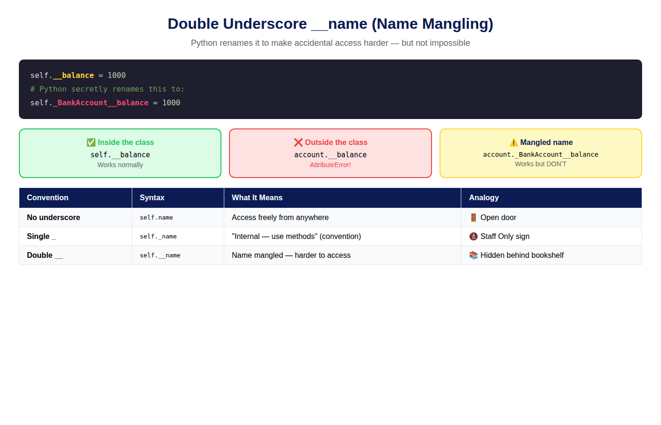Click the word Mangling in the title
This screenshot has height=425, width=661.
click(457, 24)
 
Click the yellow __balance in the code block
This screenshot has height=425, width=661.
click(74, 76)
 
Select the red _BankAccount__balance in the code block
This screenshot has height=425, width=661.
click(101, 103)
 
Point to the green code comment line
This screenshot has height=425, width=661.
click(107, 89)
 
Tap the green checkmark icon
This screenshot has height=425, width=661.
click(91, 143)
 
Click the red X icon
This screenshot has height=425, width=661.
click(298, 143)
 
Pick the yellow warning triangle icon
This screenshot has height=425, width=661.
click(514, 143)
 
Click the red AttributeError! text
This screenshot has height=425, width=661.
click(330, 165)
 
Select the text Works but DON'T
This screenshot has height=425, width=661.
click(541, 164)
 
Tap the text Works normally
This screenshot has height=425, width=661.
click(120, 165)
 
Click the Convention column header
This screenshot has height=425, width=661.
click(48, 198)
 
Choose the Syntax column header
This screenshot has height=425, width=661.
click(152, 198)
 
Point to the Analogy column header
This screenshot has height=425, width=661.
click(484, 198)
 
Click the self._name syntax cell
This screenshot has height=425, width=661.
click(158, 237)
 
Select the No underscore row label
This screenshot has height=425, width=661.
click(53, 218)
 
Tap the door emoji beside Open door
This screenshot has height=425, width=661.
click(473, 218)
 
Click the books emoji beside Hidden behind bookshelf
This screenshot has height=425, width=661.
click(473, 255)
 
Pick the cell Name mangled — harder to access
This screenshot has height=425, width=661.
click(291, 255)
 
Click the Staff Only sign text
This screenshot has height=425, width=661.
click(505, 237)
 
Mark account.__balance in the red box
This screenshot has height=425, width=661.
click(330, 155)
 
